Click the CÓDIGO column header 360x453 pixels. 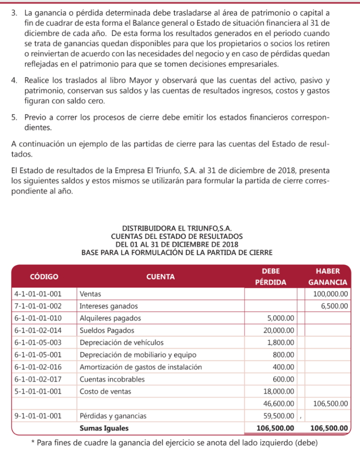point(44,277)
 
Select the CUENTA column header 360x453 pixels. point(160,277)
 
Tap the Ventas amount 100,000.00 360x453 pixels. point(331,294)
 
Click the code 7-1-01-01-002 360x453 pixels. point(38,306)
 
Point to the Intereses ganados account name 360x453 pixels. point(108,306)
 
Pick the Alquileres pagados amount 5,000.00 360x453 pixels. point(281,318)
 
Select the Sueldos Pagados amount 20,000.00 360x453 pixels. point(279,330)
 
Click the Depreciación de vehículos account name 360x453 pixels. point(121,342)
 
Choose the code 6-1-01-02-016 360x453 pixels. point(38,367)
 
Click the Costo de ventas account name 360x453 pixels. point(105,391)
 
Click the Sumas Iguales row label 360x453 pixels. point(103,428)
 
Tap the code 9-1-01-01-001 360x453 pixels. point(38,416)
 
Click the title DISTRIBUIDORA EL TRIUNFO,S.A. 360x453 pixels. point(177,229)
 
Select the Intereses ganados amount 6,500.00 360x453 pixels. point(335,306)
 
